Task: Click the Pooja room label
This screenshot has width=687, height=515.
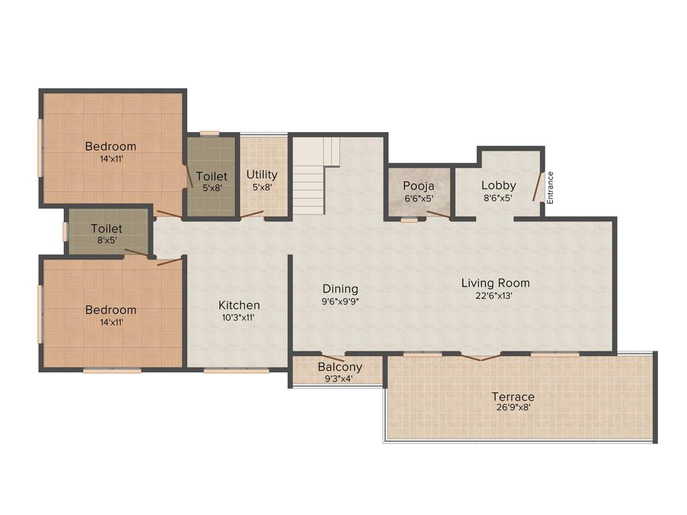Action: (x=419, y=186)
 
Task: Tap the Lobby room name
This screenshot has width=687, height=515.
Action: (x=498, y=185)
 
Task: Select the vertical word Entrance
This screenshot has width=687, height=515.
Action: (x=550, y=188)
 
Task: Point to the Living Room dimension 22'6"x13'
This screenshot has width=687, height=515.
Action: (x=495, y=295)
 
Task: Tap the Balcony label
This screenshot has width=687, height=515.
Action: (x=339, y=367)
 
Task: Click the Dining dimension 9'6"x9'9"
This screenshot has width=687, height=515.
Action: (x=340, y=302)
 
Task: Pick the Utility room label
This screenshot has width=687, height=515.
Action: (x=262, y=174)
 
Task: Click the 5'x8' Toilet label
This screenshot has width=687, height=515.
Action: (x=211, y=176)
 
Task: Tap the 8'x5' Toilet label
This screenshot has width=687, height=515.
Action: (x=107, y=229)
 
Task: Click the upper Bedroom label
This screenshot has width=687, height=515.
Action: (x=111, y=146)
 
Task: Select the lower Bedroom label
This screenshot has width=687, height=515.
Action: (x=111, y=310)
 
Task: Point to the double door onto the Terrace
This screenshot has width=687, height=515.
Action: (x=480, y=357)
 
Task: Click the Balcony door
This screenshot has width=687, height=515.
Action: (x=333, y=357)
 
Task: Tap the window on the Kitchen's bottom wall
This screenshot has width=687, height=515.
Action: (x=236, y=369)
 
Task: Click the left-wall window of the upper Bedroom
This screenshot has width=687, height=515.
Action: (x=40, y=148)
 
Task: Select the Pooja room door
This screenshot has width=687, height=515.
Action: (x=438, y=215)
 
